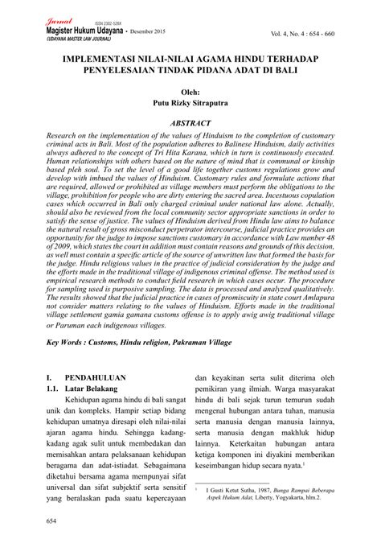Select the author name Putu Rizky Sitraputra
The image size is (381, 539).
(191, 104)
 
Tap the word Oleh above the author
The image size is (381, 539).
(191, 92)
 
